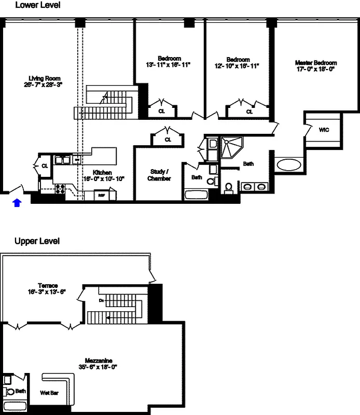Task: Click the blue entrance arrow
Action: click(x=17, y=202)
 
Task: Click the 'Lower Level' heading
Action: click(x=37, y=6)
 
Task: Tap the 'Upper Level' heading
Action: click(x=37, y=241)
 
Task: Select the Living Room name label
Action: click(x=46, y=78)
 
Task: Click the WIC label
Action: click(x=324, y=130)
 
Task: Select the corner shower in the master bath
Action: click(x=230, y=146)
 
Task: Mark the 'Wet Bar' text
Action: click(x=49, y=393)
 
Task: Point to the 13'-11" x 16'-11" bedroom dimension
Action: click(x=169, y=65)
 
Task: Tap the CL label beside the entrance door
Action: click(x=45, y=166)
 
